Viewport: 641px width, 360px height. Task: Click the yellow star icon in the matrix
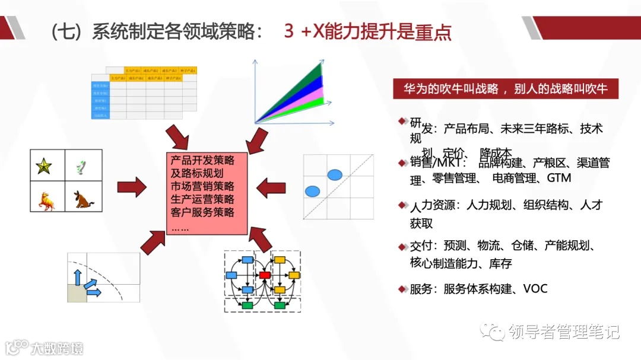click(44, 167)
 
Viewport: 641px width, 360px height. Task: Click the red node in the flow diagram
click(265, 275)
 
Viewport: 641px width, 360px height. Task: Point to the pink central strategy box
click(205, 193)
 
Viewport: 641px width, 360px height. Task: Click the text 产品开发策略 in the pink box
click(202, 160)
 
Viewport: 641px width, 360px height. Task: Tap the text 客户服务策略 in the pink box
click(202, 212)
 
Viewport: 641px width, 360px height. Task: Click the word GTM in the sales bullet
click(559, 178)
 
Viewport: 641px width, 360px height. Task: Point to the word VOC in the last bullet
click(535, 289)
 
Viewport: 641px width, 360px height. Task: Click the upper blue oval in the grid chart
click(335, 174)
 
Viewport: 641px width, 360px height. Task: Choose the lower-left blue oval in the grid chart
click(312, 191)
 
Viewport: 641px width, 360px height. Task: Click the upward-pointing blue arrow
click(77, 276)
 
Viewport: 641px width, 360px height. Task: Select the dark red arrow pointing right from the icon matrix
click(131, 187)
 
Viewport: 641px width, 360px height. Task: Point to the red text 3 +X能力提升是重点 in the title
click(368, 31)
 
